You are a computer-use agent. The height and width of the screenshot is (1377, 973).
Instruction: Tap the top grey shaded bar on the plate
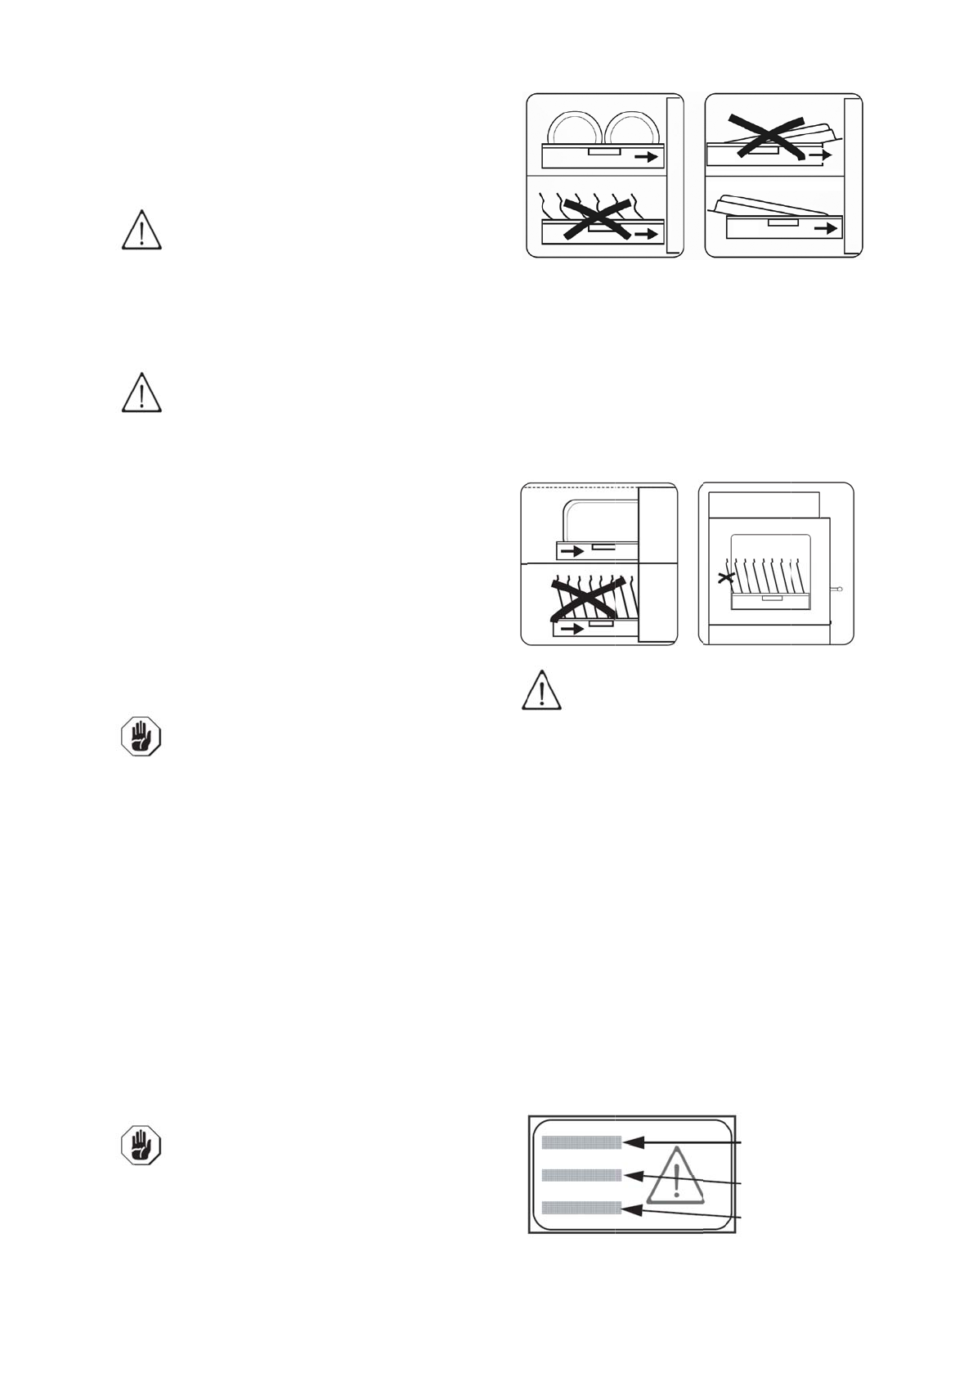[581, 1142]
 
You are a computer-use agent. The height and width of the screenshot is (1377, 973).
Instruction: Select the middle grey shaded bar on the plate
[581, 1175]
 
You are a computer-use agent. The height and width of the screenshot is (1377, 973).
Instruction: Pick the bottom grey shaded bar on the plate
[581, 1207]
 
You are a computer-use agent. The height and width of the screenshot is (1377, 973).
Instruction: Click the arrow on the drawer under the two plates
[645, 157]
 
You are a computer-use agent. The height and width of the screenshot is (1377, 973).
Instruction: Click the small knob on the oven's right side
[838, 588]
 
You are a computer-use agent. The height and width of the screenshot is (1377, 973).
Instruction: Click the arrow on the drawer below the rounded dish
[572, 551]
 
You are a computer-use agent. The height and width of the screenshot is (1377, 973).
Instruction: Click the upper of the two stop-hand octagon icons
[141, 736]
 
